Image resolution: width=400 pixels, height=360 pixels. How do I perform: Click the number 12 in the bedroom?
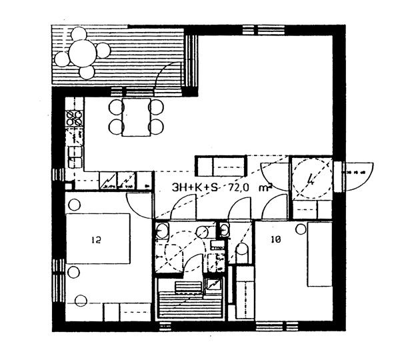point(97,238)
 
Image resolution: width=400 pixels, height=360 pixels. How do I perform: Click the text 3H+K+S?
point(193,188)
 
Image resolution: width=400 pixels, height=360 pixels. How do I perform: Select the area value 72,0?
point(239,188)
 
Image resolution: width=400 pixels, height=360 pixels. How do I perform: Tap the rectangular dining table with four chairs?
point(136,117)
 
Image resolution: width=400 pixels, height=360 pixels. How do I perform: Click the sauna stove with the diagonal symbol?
point(213,285)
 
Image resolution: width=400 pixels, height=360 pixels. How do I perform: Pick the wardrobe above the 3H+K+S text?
point(220,165)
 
